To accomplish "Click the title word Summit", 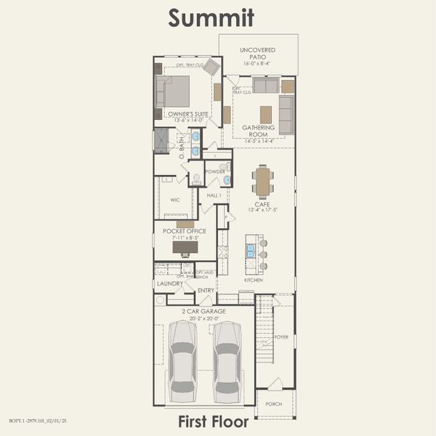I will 211,17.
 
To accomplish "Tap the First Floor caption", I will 214,421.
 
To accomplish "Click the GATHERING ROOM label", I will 259,131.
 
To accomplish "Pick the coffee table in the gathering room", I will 266,114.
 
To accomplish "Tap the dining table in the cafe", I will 263,182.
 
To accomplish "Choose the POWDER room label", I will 215,171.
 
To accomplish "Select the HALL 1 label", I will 214,195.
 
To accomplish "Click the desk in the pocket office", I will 185,247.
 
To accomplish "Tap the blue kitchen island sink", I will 251,251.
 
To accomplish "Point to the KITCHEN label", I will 254,280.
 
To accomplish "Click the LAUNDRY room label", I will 170,283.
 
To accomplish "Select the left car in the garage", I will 182,361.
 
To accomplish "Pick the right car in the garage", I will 227,361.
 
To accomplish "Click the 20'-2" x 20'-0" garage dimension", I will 203,318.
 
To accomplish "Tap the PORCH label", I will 275,404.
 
